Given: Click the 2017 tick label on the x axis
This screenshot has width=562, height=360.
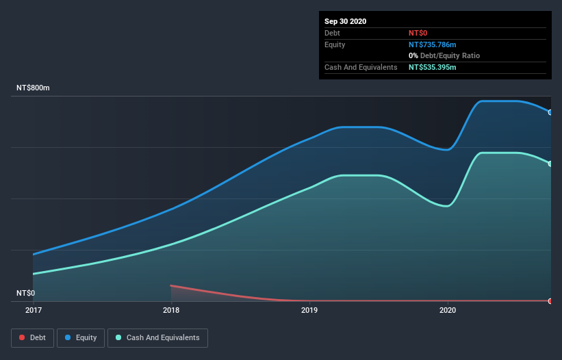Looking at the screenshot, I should [x=33, y=311].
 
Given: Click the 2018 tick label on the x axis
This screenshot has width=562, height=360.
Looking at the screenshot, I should [x=171, y=311].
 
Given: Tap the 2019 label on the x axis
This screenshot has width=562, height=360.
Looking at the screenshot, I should [x=309, y=311].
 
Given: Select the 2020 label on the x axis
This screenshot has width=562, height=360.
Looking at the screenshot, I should [x=448, y=311].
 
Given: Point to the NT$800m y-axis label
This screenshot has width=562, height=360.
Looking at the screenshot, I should [x=34, y=88].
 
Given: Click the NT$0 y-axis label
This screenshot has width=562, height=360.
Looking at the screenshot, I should [x=26, y=293].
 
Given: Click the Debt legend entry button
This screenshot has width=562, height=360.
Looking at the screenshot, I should [x=31, y=337].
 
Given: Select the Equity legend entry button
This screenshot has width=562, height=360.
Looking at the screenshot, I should [x=81, y=337].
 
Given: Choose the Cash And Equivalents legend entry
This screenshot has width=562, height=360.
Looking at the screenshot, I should [x=157, y=337].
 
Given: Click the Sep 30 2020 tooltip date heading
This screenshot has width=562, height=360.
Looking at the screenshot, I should [x=346, y=21].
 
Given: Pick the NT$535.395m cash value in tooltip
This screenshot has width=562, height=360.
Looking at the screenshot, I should [x=437, y=67].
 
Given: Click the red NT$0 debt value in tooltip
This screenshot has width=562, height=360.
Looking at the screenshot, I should [x=418, y=33].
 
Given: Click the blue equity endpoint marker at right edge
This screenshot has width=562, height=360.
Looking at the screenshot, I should [x=550, y=112].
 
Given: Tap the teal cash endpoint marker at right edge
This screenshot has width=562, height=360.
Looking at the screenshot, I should [x=550, y=164].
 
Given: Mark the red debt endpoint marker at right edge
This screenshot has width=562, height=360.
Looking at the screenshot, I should [x=550, y=301].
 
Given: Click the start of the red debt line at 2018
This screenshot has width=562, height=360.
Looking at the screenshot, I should [x=171, y=285].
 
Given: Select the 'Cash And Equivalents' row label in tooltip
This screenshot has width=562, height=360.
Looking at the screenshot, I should [x=361, y=67].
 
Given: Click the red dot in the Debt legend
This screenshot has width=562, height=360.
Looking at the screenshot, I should [x=23, y=337].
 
